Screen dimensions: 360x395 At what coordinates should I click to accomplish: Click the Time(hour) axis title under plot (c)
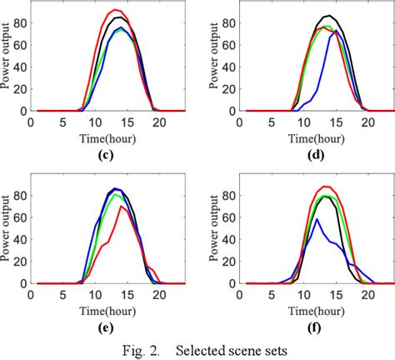(x=101, y=134)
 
